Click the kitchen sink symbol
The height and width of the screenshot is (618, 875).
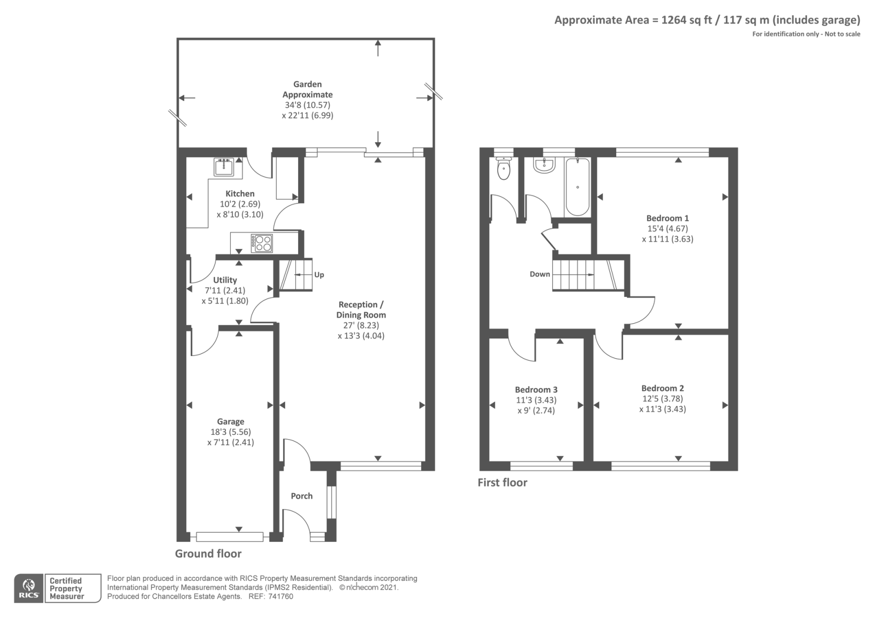coord(224,166)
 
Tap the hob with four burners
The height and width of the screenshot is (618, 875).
coord(261,243)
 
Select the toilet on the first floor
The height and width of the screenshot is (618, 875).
coord(504,169)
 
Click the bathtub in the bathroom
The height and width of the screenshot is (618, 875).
coord(577,187)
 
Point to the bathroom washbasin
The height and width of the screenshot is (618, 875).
coord(544,165)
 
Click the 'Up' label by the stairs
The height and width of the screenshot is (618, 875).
coord(319,275)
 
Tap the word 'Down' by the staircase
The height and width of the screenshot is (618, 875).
coord(540,274)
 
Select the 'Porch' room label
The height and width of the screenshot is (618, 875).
coord(302,496)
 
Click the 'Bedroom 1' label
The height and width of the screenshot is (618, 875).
coord(667,218)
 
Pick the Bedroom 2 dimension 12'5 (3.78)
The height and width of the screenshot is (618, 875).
coord(663,399)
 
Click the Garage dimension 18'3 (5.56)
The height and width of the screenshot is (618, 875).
coord(231,432)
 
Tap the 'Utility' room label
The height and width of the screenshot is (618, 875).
coord(225,280)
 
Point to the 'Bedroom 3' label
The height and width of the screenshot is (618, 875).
coord(536,390)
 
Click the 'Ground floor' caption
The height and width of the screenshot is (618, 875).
coord(208,553)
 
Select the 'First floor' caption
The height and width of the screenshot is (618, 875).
coord(502,482)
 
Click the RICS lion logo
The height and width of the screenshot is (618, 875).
coord(28,588)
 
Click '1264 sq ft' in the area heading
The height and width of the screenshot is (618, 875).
coord(686,20)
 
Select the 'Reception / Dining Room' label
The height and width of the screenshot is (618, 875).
coord(361,310)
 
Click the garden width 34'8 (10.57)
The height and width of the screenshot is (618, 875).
coord(307,105)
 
